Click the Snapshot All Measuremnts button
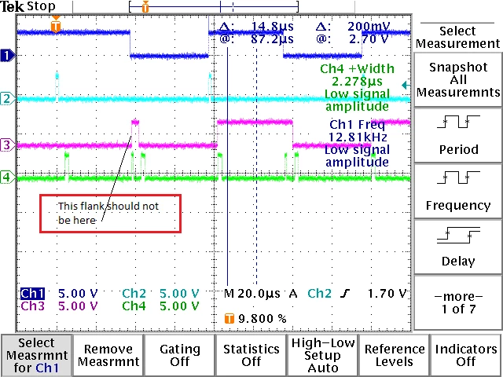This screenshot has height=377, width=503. tap(458, 80)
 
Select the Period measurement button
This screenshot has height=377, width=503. tap(458, 135)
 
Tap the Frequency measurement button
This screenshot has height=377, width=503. tap(458, 191)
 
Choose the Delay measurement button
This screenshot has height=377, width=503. tap(458, 247)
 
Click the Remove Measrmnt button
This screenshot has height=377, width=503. tap(108, 355)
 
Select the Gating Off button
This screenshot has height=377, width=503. tap(180, 355)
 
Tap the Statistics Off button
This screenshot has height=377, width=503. tap(251, 355)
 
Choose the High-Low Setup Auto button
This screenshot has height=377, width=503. tap(323, 355)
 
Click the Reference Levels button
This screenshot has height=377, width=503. tap(395, 355)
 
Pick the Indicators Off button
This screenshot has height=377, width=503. tap(466, 355)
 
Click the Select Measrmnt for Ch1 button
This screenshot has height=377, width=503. tap(37, 355)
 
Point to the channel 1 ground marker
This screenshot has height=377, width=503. tap(8, 56)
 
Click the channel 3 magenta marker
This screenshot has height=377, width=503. tap(8, 145)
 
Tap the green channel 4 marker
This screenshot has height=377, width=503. tap(8, 177)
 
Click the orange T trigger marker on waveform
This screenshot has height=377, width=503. tap(56, 26)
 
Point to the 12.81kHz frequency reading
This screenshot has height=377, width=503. tap(358, 137)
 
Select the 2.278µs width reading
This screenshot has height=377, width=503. tap(357, 82)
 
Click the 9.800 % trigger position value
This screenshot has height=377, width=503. tap(262, 318)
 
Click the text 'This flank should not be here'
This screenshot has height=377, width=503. tap(108, 213)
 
